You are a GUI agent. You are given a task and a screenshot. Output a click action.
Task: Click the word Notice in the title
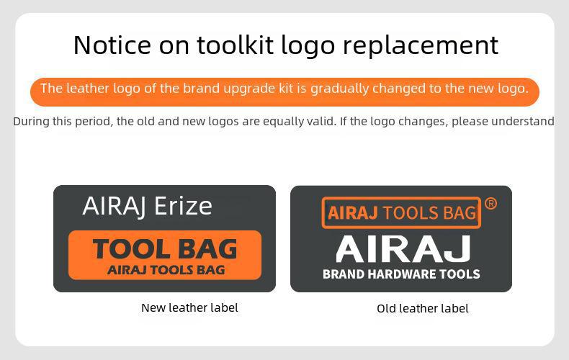click(x=112, y=45)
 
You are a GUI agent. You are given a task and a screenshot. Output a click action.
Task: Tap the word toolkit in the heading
click(x=236, y=45)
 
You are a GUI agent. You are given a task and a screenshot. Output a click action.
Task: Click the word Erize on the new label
click(x=183, y=206)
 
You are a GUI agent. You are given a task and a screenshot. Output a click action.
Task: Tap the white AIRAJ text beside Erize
click(x=115, y=207)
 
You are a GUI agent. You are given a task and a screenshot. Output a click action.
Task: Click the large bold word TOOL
click(x=131, y=249)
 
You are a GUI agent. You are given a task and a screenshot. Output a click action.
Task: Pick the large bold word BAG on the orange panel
click(x=207, y=249)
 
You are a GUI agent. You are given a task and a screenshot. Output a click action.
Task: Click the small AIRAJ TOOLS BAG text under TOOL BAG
click(x=166, y=270)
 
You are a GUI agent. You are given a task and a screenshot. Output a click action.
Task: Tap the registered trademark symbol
click(x=490, y=203)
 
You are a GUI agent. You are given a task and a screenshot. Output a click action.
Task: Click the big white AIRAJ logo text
click(x=403, y=248)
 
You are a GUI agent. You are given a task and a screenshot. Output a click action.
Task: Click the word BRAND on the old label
click(x=344, y=274)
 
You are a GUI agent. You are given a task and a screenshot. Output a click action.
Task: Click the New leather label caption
click(x=189, y=307)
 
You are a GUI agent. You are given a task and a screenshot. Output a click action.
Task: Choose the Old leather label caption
click(x=423, y=308)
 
